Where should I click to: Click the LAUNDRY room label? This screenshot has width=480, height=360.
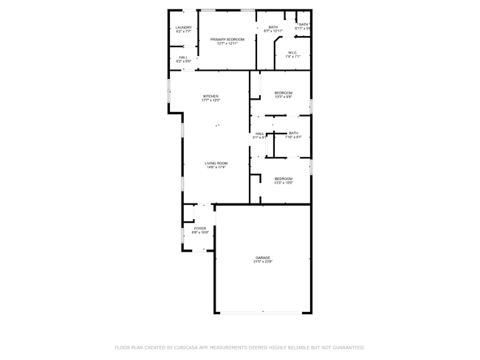[184, 27]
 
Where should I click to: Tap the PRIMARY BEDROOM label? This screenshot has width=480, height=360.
[227, 39]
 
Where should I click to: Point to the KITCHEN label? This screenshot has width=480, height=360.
[211, 96]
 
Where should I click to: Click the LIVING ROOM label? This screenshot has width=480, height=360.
[216, 163]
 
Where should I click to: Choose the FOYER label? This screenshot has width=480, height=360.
[200, 228]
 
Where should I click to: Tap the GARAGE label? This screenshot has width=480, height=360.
[263, 257]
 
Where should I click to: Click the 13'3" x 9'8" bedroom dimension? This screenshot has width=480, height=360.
[284, 97]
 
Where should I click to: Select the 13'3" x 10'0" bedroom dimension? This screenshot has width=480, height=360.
[284, 183]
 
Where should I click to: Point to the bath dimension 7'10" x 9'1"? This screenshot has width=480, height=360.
[293, 137]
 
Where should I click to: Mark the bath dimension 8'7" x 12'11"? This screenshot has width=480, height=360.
[273, 32]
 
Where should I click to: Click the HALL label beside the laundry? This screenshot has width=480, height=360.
[184, 57]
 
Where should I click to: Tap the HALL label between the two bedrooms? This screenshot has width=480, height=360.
[260, 133]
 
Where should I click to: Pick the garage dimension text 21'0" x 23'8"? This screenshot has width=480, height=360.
[263, 262]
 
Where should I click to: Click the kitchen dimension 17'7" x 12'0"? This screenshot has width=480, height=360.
[211, 100]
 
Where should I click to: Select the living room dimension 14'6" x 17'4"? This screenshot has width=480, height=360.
[216, 167]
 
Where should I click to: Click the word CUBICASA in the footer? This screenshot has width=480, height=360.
[191, 347]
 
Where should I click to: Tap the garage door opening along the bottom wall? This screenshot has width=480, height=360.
[262, 313]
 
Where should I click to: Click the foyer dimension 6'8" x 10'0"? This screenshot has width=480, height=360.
[200, 232]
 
